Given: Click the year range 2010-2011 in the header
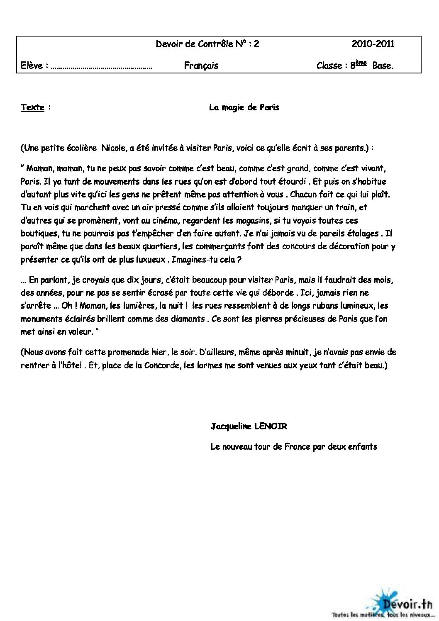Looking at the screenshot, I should [x=373, y=44].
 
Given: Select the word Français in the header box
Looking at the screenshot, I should [x=201, y=66].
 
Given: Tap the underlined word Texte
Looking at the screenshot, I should [x=32, y=107].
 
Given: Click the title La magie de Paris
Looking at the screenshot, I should [x=244, y=107].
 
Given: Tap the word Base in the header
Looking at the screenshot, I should [x=382, y=66].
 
